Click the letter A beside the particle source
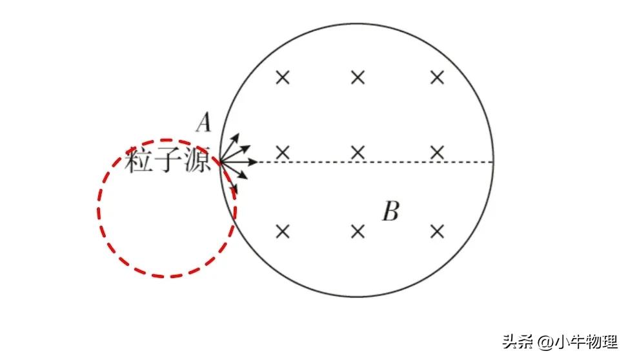tap(205, 122)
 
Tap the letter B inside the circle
tap(390, 212)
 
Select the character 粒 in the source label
tap(139, 161)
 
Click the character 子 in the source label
tap(168, 161)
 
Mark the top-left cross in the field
tap(282, 78)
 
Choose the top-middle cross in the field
tap(358, 78)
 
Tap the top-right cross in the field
tap(437, 78)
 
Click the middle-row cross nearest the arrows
tap(282, 153)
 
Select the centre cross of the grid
tap(358, 153)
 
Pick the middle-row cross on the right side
tap(437, 153)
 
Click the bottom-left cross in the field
tap(282, 231)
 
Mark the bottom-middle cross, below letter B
tap(358, 231)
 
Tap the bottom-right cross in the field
tap(437, 231)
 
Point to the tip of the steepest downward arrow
tap(236, 191)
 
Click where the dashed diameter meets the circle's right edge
tap(494, 161)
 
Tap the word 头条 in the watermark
tap(514, 340)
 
